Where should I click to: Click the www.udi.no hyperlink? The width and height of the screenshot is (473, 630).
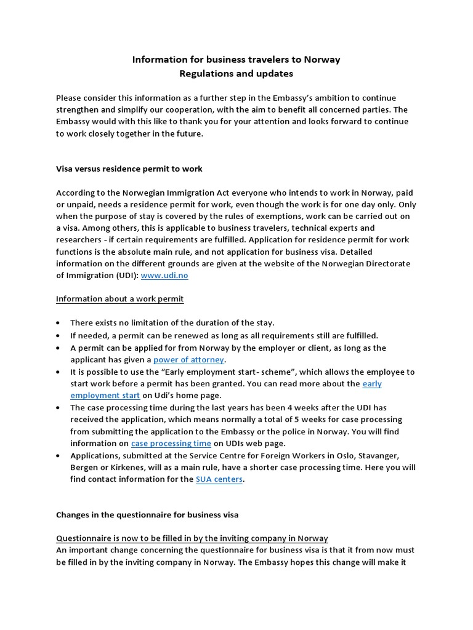click(x=164, y=276)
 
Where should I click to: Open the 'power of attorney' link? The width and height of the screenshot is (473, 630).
click(x=189, y=359)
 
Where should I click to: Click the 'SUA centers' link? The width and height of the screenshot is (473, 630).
click(x=219, y=479)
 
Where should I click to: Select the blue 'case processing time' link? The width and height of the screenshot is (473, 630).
click(x=171, y=443)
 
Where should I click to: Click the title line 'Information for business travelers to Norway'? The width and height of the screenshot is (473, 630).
click(x=236, y=60)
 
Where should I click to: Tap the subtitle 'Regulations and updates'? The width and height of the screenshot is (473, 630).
click(x=236, y=74)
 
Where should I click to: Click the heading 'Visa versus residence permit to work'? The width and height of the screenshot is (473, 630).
click(x=129, y=169)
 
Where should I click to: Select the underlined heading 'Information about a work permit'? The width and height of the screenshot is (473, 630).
click(x=120, y=299)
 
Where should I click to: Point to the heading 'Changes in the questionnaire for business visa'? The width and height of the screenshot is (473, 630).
click(x=148, y=514)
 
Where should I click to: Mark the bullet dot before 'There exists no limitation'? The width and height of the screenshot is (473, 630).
click(x=58, y=324)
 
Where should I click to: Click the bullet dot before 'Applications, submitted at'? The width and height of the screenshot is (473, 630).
click(x=58, y=456)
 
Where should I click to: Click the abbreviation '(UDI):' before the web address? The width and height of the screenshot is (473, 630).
click(x=125, y=276)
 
